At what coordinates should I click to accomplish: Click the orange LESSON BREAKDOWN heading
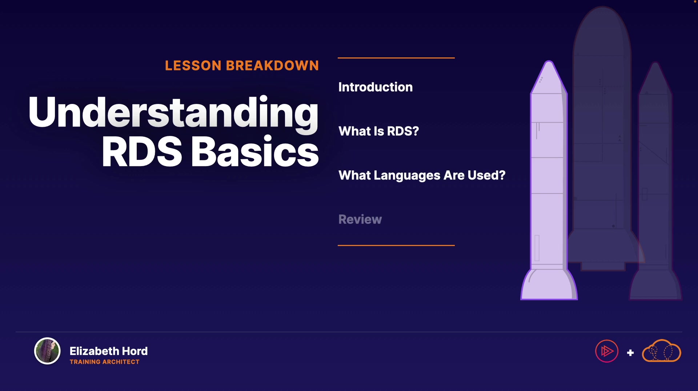[x=242, y=65]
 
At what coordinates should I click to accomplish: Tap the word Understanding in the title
[x=173, y=113]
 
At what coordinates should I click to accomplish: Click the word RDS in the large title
[x=142, y=152]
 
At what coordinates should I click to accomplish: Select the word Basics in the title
[x=255, y=152]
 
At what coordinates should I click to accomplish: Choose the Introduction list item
[x=376, y=87]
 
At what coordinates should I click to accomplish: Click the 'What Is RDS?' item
[x=378, y=131]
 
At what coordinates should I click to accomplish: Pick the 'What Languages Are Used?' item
[x=422, y=176]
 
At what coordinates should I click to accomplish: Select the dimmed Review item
[x=360, y=219]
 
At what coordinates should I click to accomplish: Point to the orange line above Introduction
[x=396, y=58]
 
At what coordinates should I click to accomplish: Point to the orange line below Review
[x=396, y=245]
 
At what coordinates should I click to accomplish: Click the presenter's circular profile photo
[x=47, y=351]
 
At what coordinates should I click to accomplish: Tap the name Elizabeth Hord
[x=109, y=351]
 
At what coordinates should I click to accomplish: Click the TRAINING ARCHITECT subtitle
[x=105, y=362]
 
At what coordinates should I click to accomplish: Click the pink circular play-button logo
[x=607, y=351]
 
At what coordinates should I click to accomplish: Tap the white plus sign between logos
[x=630, y=352]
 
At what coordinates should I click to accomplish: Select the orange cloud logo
[x=662, y=351]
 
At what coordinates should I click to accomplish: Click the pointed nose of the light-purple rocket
[x=549, y=62]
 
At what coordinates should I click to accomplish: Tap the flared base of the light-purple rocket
[x=549, y=285]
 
